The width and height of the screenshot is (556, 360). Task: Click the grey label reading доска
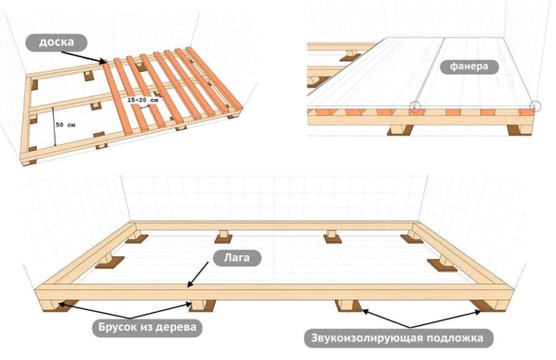point(57,42)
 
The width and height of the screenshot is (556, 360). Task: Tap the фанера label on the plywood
point(469,67)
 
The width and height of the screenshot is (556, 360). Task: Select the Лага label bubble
point(237,258)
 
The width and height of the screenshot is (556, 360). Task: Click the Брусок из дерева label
point(147,327)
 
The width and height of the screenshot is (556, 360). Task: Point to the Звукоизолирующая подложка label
point(399,338)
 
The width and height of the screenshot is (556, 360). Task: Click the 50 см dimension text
point(66,124)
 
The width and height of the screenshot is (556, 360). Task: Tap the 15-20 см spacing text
point(143,100)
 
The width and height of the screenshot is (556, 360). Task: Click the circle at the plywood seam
point(416,106)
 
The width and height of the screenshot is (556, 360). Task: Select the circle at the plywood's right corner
point(535,106)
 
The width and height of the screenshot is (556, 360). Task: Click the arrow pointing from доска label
point(84,57)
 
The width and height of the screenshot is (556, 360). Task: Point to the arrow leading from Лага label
point(198,274)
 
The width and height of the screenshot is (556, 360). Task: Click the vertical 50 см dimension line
point(54,126)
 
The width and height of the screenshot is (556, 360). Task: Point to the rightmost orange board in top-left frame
point(215,78)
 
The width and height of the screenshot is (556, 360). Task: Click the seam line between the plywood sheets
point(430,72)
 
